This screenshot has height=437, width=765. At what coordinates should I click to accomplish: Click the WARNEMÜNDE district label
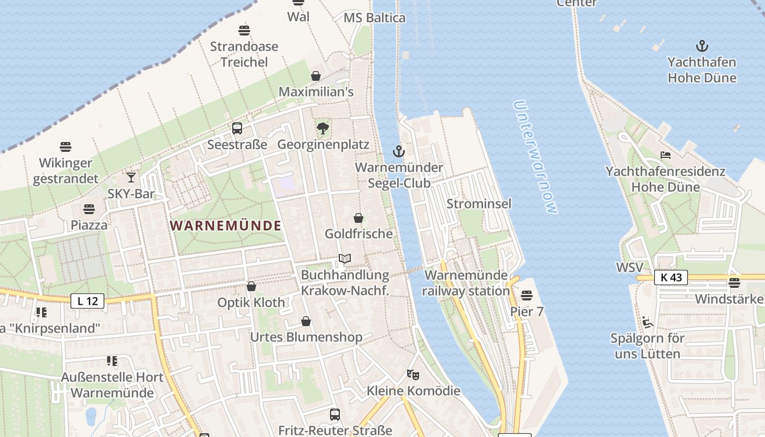(226, 225)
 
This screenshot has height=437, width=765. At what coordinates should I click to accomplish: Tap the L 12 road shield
(87, 300)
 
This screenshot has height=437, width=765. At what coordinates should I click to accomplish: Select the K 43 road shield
(671, 277)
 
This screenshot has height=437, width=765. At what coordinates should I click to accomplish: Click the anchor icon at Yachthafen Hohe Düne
(702, 46)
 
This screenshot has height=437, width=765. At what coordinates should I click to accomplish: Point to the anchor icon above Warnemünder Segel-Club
(399, 151)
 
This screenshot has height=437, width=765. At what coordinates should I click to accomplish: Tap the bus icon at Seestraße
(237, 128)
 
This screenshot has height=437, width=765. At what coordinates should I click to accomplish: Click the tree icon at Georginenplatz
(323, 128)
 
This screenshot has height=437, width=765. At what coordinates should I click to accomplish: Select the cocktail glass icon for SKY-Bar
(131, 178)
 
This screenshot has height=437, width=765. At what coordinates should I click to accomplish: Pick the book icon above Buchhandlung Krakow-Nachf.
(344, 258)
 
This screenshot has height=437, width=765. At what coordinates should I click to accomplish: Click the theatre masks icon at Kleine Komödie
(413, 375)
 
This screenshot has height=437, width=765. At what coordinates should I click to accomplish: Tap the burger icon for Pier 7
(527, 296)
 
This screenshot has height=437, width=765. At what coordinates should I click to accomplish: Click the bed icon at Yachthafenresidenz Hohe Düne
(666, 155)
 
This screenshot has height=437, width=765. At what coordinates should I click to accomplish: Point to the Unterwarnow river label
(535, 157)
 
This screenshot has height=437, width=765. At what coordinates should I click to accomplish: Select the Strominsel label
(479, 204)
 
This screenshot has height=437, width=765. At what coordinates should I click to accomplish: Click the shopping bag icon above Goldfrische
(358, 218)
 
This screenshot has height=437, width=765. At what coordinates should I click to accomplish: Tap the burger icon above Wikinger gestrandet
(66, 147)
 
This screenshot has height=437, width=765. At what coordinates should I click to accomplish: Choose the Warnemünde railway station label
(466, 282)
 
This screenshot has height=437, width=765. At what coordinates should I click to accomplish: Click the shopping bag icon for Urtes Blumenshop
(306, 321)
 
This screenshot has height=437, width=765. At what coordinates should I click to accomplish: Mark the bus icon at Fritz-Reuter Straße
(335, 415)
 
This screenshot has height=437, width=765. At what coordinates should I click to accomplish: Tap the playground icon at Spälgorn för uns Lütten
(648, 322)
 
